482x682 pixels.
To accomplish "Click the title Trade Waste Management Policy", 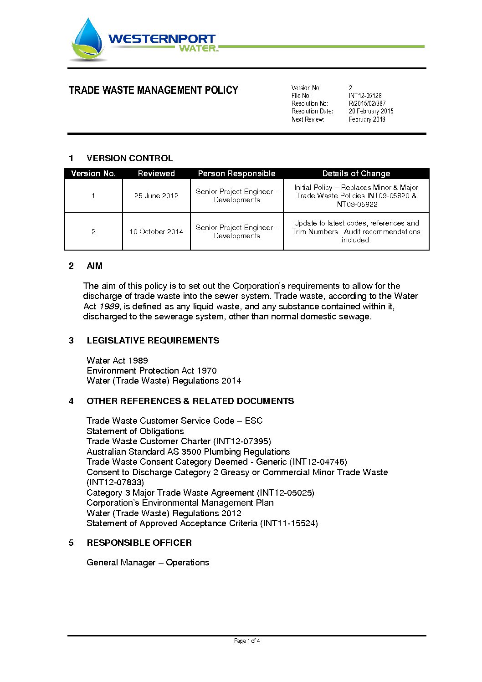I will [153, 90].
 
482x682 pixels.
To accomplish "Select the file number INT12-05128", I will [365, 96].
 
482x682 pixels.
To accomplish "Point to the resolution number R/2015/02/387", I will [367, 103].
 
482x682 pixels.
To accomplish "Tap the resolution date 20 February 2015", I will [371, 111].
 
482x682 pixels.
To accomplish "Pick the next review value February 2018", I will [367, 119].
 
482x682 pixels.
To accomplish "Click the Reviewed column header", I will [156, 174].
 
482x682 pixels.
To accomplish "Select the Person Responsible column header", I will [236, 174].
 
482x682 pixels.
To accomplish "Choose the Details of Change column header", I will [356, 174].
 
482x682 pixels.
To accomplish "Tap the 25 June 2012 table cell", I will [156, 196].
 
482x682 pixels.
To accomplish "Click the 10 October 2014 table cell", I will [156, 232].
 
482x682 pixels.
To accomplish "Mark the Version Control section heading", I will [129, 159].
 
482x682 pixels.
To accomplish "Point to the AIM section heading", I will [94, 266].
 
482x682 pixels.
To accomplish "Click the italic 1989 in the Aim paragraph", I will [109, 307].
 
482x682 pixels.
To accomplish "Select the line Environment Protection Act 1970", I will [152, 371].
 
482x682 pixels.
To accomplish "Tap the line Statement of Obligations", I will [135, 431].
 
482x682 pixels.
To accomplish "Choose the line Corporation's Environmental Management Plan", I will [180, 503].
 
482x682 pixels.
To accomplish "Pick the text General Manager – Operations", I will [148, 563].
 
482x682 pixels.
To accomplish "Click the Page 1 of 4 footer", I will [246, 641].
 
